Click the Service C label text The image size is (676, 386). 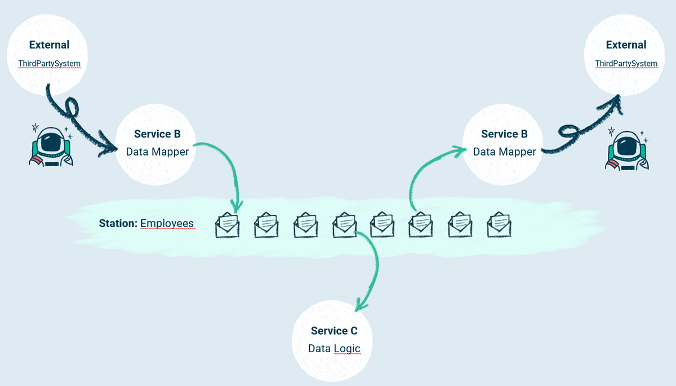coord(334,331)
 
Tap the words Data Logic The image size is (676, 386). coord(334,349)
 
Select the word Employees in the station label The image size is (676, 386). coord(167,224)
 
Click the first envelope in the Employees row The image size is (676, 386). coord(228,225)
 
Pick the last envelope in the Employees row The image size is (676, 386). coord(499,225)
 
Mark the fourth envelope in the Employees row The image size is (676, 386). coord(344,225)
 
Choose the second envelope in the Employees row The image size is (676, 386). coord(266,225)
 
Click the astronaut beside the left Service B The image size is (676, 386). coord(51,145)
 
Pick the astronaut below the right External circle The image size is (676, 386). coord(626,149)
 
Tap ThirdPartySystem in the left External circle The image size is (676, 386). coord(50,63)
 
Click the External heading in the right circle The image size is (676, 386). coord(626,45)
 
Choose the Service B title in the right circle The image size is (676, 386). coord(504,134)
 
